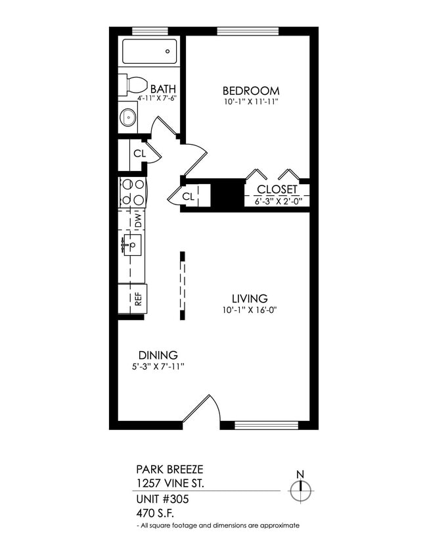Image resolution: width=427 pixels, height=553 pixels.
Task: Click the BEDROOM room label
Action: coord(250,91)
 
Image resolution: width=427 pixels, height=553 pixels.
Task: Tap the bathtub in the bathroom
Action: coord(149,51)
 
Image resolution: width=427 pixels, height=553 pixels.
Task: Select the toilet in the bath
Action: coord(133,85)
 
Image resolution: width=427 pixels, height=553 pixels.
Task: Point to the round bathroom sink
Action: coord(128,118)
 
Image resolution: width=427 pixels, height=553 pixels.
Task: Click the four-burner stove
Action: coord(131,193)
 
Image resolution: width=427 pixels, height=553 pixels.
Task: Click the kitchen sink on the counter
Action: coord(132,247)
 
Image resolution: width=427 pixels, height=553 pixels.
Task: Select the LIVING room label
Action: coord(244,299)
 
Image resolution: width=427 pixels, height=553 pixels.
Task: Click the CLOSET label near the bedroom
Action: coord(276,190)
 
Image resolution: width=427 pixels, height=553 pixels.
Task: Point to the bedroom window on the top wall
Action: coord(248,31)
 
